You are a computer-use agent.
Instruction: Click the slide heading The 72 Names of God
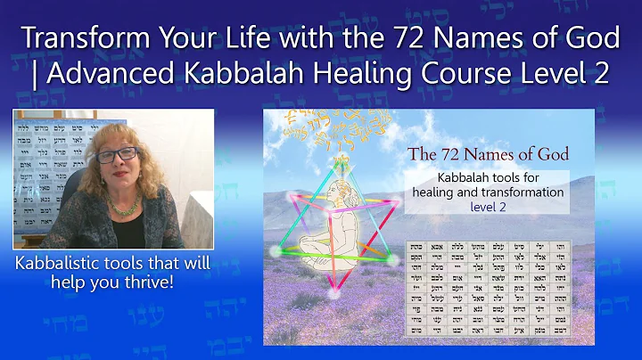point(488,154)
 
